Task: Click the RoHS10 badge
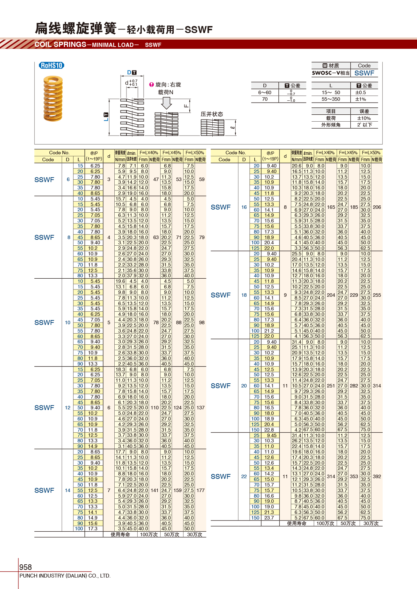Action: pos(52,65)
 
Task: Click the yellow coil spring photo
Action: pos(53,99)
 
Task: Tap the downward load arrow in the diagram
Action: pos(166,103)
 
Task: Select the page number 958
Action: pos(26,567)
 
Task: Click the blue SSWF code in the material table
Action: pos(364,73)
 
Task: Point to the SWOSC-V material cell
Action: pos(330,73)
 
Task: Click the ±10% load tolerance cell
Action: pos(364,118)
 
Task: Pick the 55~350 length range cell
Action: pos(330,99)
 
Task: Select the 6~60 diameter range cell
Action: pos(264,92)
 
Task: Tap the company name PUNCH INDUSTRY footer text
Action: pos(65,576)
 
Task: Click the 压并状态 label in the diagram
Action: pos(212,114)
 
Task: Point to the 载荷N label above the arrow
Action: pos(165,92)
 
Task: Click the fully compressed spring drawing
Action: pos(212,128)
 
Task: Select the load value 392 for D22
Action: pos(377,476)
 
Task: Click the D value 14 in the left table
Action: pos(67,490)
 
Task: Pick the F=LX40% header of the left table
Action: pos(149,153)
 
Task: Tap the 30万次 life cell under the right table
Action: pos(371,523)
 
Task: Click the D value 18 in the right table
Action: pos(244,295)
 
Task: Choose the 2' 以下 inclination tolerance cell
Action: pos(364,125)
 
